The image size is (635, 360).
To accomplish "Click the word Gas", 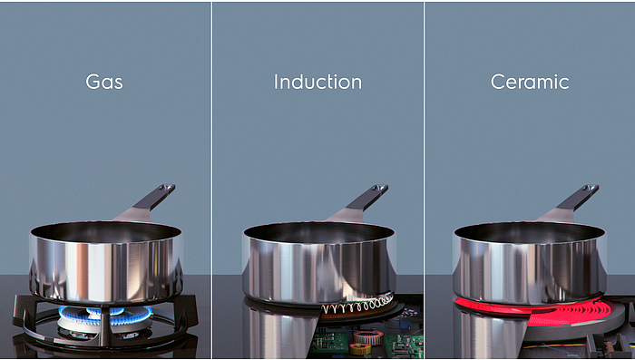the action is [x=104, y=82].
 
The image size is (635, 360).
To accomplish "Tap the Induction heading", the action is [x=317, y=82].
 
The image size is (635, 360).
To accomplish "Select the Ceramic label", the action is [x=530, y=82].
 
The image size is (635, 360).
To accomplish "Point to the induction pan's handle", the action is [x=366, y=198].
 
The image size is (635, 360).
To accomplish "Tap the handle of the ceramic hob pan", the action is [x=578, y=198].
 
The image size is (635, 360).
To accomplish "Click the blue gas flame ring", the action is [x=105, y=315].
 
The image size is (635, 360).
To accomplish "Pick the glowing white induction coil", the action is [x=357, y=305].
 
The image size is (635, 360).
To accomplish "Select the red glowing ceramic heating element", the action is [x=539, y=310].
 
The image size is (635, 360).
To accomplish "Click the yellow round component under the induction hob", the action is [x=359, y=348].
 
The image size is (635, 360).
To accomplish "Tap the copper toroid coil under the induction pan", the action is [x=368, y=337].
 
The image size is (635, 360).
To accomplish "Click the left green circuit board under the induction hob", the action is [x=328, y=343].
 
